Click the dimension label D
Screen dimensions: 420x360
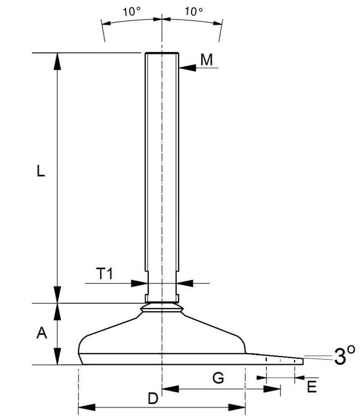coord(153,398)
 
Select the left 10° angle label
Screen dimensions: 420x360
coord(131,12)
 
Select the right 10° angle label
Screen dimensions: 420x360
coord(194,12)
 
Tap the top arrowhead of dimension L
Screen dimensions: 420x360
coord(58,61)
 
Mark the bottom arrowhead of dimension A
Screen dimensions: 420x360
coord(58,357)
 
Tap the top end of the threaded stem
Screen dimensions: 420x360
coord(162,53)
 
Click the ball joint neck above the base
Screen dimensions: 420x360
coord(162,308)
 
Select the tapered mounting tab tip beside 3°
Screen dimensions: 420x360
coord(300,361)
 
